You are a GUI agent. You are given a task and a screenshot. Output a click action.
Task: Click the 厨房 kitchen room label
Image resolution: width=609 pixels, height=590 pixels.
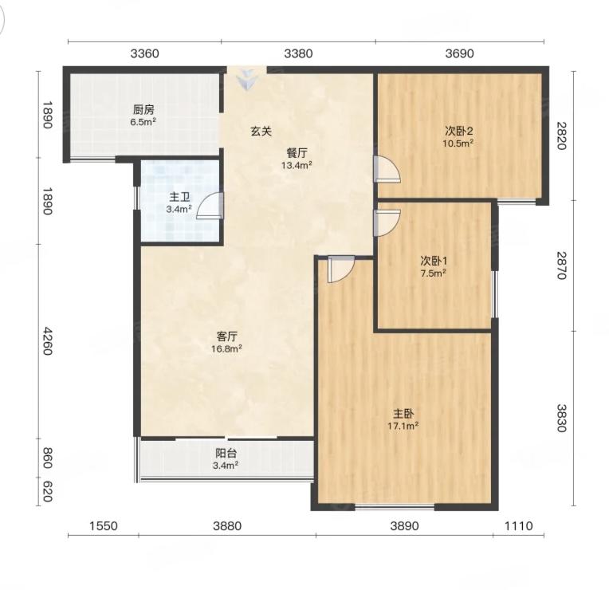point(143,109)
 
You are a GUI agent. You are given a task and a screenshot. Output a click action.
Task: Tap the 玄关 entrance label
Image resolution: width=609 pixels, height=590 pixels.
point(261,132)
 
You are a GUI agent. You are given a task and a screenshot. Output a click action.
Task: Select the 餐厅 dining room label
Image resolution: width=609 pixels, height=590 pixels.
point(297,152)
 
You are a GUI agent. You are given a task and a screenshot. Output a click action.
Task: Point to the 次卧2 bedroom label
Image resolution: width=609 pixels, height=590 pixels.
point(458,131)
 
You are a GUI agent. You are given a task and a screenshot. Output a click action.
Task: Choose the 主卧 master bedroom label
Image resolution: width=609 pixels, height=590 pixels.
point(403,413)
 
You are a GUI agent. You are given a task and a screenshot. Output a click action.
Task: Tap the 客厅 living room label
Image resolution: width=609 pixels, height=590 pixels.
point(227,336)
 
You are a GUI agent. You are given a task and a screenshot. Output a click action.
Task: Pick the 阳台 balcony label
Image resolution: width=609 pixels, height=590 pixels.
point(226,453)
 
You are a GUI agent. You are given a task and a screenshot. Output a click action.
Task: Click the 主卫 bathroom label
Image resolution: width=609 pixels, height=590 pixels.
point(179,197)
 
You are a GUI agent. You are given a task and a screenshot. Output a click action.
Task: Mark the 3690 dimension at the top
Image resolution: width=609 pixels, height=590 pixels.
point(459,53)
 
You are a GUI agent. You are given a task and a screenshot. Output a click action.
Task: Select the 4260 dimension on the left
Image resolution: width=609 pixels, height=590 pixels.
point(47,341)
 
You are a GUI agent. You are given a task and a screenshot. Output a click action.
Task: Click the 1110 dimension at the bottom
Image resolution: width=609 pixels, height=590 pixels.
point(518,526)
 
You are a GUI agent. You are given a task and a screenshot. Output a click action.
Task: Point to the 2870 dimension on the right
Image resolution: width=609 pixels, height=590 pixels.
point(562,265)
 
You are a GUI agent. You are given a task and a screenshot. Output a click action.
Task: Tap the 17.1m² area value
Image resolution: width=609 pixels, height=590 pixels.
point(403,426)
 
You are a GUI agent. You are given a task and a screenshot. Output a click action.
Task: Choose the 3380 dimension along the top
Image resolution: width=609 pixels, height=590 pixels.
point(298,53)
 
